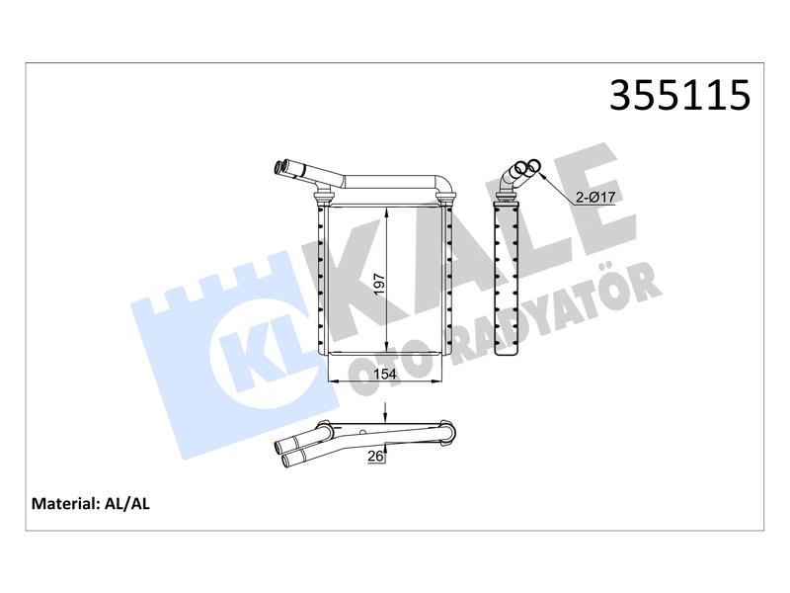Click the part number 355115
point(679,95)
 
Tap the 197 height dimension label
point(379,284)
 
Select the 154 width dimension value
point(384,375)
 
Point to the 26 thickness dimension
point(375,456)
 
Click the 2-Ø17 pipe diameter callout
point(595,197)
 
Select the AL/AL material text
point(126,504)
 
